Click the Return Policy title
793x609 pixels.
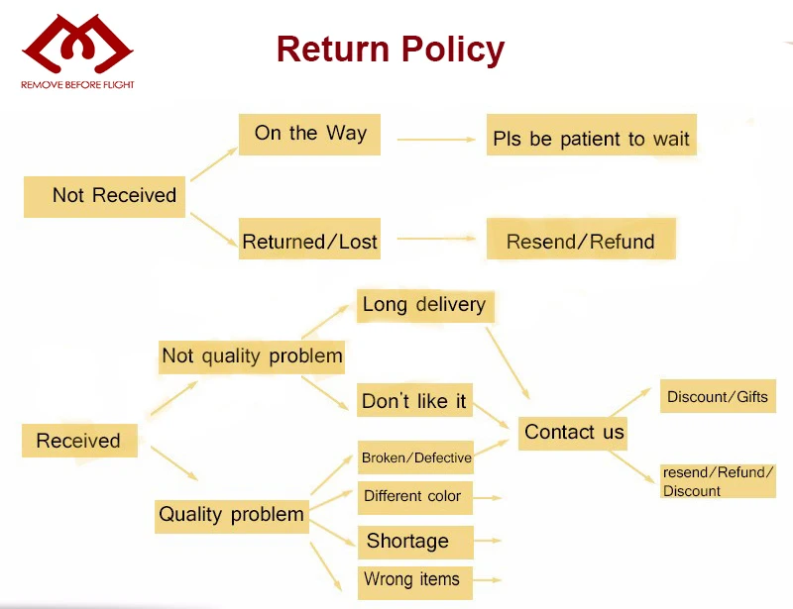pyautogui.click(x=390, y=49)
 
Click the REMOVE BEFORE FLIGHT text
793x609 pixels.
pyautogui.click(x=77, y=85)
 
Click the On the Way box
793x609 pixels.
pyautogui.click(x=309, y=134)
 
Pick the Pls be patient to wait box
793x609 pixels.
pyautogui.click(x=591, y=139)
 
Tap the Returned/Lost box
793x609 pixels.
pyautogui.click(x=309, y=241)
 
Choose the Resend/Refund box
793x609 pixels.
pyautogui.click(x=580, y=241)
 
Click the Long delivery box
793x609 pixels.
pyautogui.click(x=424, y=305)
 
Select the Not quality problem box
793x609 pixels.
pyautogui.click(x=252, y=355)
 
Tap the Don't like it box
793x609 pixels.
pyautogui.click(x=414, y=401)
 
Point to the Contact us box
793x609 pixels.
pyautogui.click(x=574, y=432)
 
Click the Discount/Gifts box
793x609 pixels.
pyautogui.click(x=717, y=396)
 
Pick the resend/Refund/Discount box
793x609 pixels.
pyautogui.click(x=718, y=481)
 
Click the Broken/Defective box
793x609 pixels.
pyautogui.click(x=415, y=457)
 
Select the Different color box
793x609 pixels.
pyautogui.click(x=415, y=497)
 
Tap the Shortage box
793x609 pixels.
pyautogui.click(x=415, y=541)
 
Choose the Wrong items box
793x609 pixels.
pyautogui.click(x=415, y=580)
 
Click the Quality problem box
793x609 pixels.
pyautogui.click(x=232, y=514)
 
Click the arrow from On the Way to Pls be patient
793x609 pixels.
pyautogui.click(x=436, y=140)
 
